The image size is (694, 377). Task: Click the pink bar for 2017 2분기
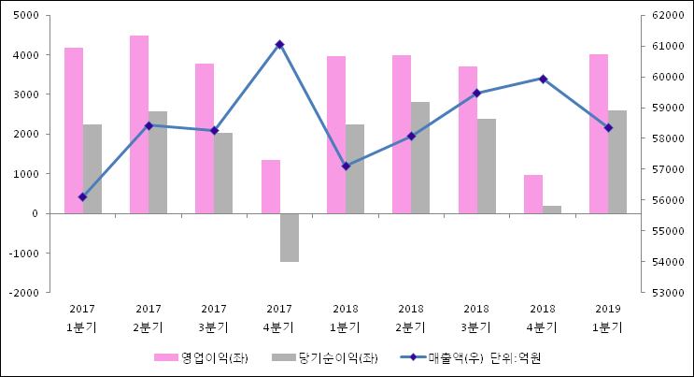click(x=139, y=124)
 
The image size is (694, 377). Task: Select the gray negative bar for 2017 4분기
click(x=290, y=238)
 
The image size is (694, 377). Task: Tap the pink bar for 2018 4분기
click(x=533, y=195)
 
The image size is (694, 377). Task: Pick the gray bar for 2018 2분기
click(x=420, y=157)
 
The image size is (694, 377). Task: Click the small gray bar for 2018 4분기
click(x=552, y=210)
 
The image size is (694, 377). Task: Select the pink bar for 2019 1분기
click(x=599, y=134)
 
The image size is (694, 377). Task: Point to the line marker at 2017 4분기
click(x=279, y=44)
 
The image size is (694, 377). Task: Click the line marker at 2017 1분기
click(x=82, y=197)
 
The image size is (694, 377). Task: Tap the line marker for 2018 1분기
click(x=346, y=166)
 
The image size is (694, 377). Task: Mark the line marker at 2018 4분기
click(x=543, y=79)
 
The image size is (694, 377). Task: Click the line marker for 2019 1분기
click(x=608, y=127)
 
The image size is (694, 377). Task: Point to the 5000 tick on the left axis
click(x=26, y=16)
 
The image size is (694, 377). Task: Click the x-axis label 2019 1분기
click(x=608, y=318)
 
